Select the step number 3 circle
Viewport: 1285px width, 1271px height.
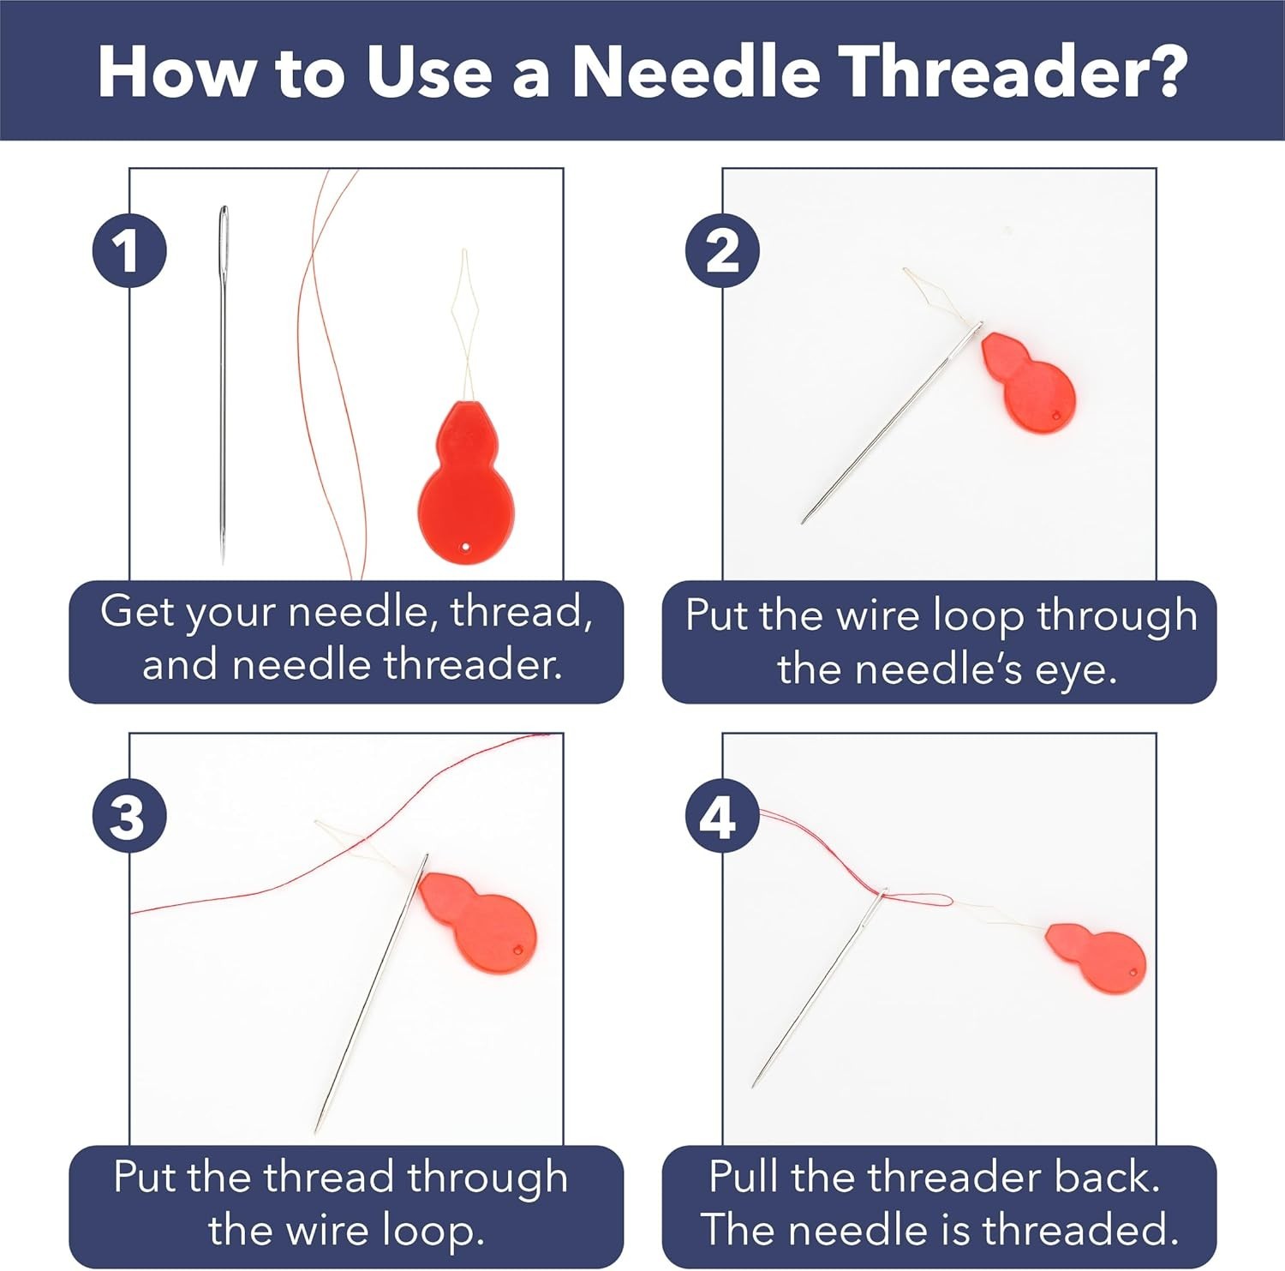(x=129, y=815)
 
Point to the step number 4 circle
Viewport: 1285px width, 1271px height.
(x=722, y=815)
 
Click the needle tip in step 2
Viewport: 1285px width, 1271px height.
(x=804, y=521)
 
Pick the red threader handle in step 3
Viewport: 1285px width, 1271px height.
(x=478, y=922)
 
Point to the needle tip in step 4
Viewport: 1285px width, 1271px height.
(x=754, y=1086)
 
